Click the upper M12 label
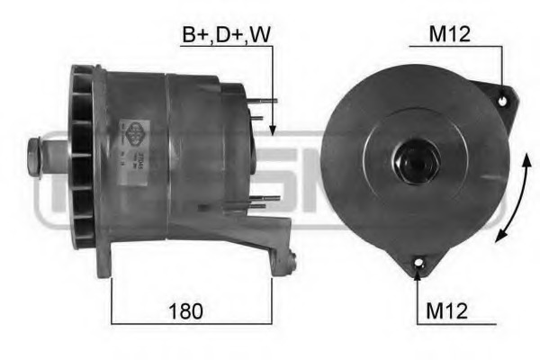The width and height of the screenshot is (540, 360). (x=451, y=34)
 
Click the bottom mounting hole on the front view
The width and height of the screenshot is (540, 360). (x=418, y=264)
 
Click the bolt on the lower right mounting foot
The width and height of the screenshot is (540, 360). (x=292, y=262)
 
